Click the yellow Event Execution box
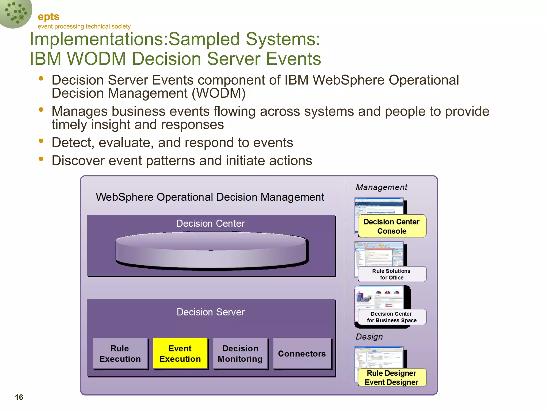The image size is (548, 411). (180, 353)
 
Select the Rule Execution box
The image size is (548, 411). (120, 353)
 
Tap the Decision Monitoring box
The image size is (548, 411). (240, 353)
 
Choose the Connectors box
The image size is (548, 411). (302, 353)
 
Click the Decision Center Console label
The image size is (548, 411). (392, 226)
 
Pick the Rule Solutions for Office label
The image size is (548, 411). (392, 274)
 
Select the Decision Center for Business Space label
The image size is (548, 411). (392, 317)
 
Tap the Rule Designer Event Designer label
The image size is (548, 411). (392, 378)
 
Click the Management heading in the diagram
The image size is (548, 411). (381, 187)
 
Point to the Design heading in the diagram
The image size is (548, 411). (369, 337)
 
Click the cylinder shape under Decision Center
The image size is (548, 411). (211, 250)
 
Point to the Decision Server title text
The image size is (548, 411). (211, 312)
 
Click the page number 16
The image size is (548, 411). (19, 397)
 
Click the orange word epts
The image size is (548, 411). (48, 17)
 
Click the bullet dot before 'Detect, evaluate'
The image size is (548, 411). (41, 141)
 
